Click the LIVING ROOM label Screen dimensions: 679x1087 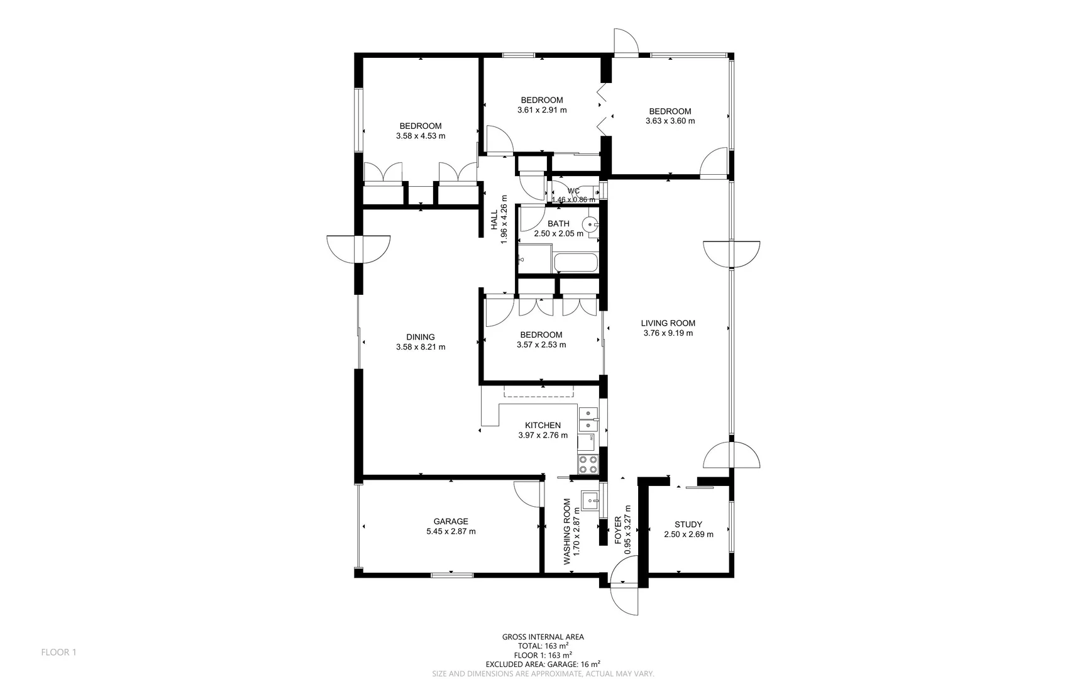click(x=668, y=323)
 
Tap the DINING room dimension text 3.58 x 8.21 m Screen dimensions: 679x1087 click(x=421, y=347)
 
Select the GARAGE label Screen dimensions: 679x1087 click(x=451, y=521)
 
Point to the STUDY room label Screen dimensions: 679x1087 click(x=688, y=524)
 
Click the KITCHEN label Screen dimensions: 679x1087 click(x=543, y=425)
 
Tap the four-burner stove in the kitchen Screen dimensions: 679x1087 click(x=588, y=465)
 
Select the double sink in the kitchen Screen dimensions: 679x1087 click(x=588, y=419)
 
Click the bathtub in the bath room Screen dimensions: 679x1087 click(x=575, y=263)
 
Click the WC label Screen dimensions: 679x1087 click(x=573, y=191)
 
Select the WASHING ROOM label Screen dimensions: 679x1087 click(x=567, y=531)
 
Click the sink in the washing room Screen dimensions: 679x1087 click(x=590, y=501)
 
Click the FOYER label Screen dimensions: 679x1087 click(x=618, y=530)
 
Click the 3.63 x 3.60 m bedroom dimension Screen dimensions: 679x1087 click(x=670, y=121)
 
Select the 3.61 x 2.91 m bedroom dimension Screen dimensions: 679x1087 click(x=542, y=110)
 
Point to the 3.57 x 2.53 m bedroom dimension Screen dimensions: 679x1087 click(x=541, y=345)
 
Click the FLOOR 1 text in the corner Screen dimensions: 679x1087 click(x=58, y=653)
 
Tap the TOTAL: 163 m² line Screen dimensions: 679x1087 click(x=543, y=646)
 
